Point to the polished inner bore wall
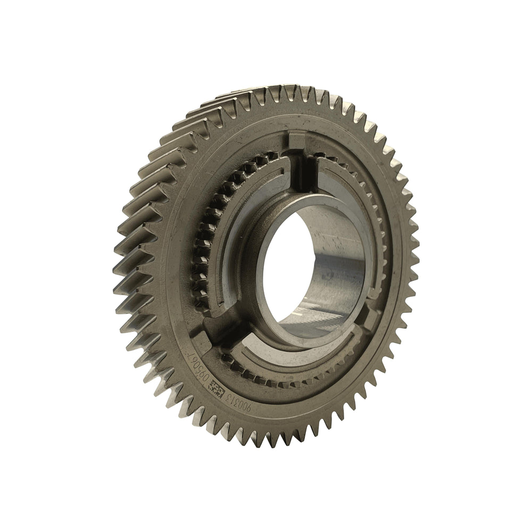pyautogui.click(x=340, y=266)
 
